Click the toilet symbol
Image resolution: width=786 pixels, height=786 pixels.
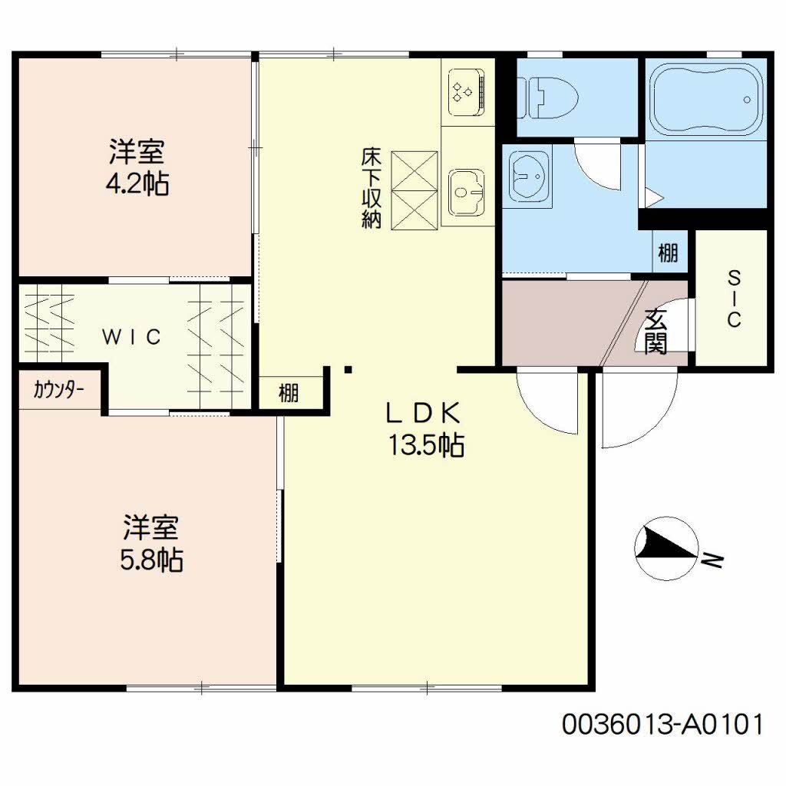(x=548, y=97)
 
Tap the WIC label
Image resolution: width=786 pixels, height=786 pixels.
(x=131, y=336)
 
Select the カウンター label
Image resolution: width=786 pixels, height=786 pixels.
(x=58, y=389)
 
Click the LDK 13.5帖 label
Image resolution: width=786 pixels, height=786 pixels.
(x=425, y=430)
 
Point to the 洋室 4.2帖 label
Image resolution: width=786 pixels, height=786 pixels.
(x=137, y=167)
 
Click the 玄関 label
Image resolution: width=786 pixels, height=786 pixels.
(x=656, y=331)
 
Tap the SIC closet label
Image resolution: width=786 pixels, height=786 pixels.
(x=734, y=299)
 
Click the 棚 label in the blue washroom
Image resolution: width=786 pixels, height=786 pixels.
(x=669, y=252)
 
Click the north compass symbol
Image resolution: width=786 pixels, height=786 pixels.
(x=666, y=549)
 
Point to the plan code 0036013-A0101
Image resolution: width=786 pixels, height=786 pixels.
(x=662, y=725)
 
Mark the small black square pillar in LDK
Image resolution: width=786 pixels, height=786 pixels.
(x=348, y=371)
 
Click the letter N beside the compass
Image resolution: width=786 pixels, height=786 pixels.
(x=713, y=560)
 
